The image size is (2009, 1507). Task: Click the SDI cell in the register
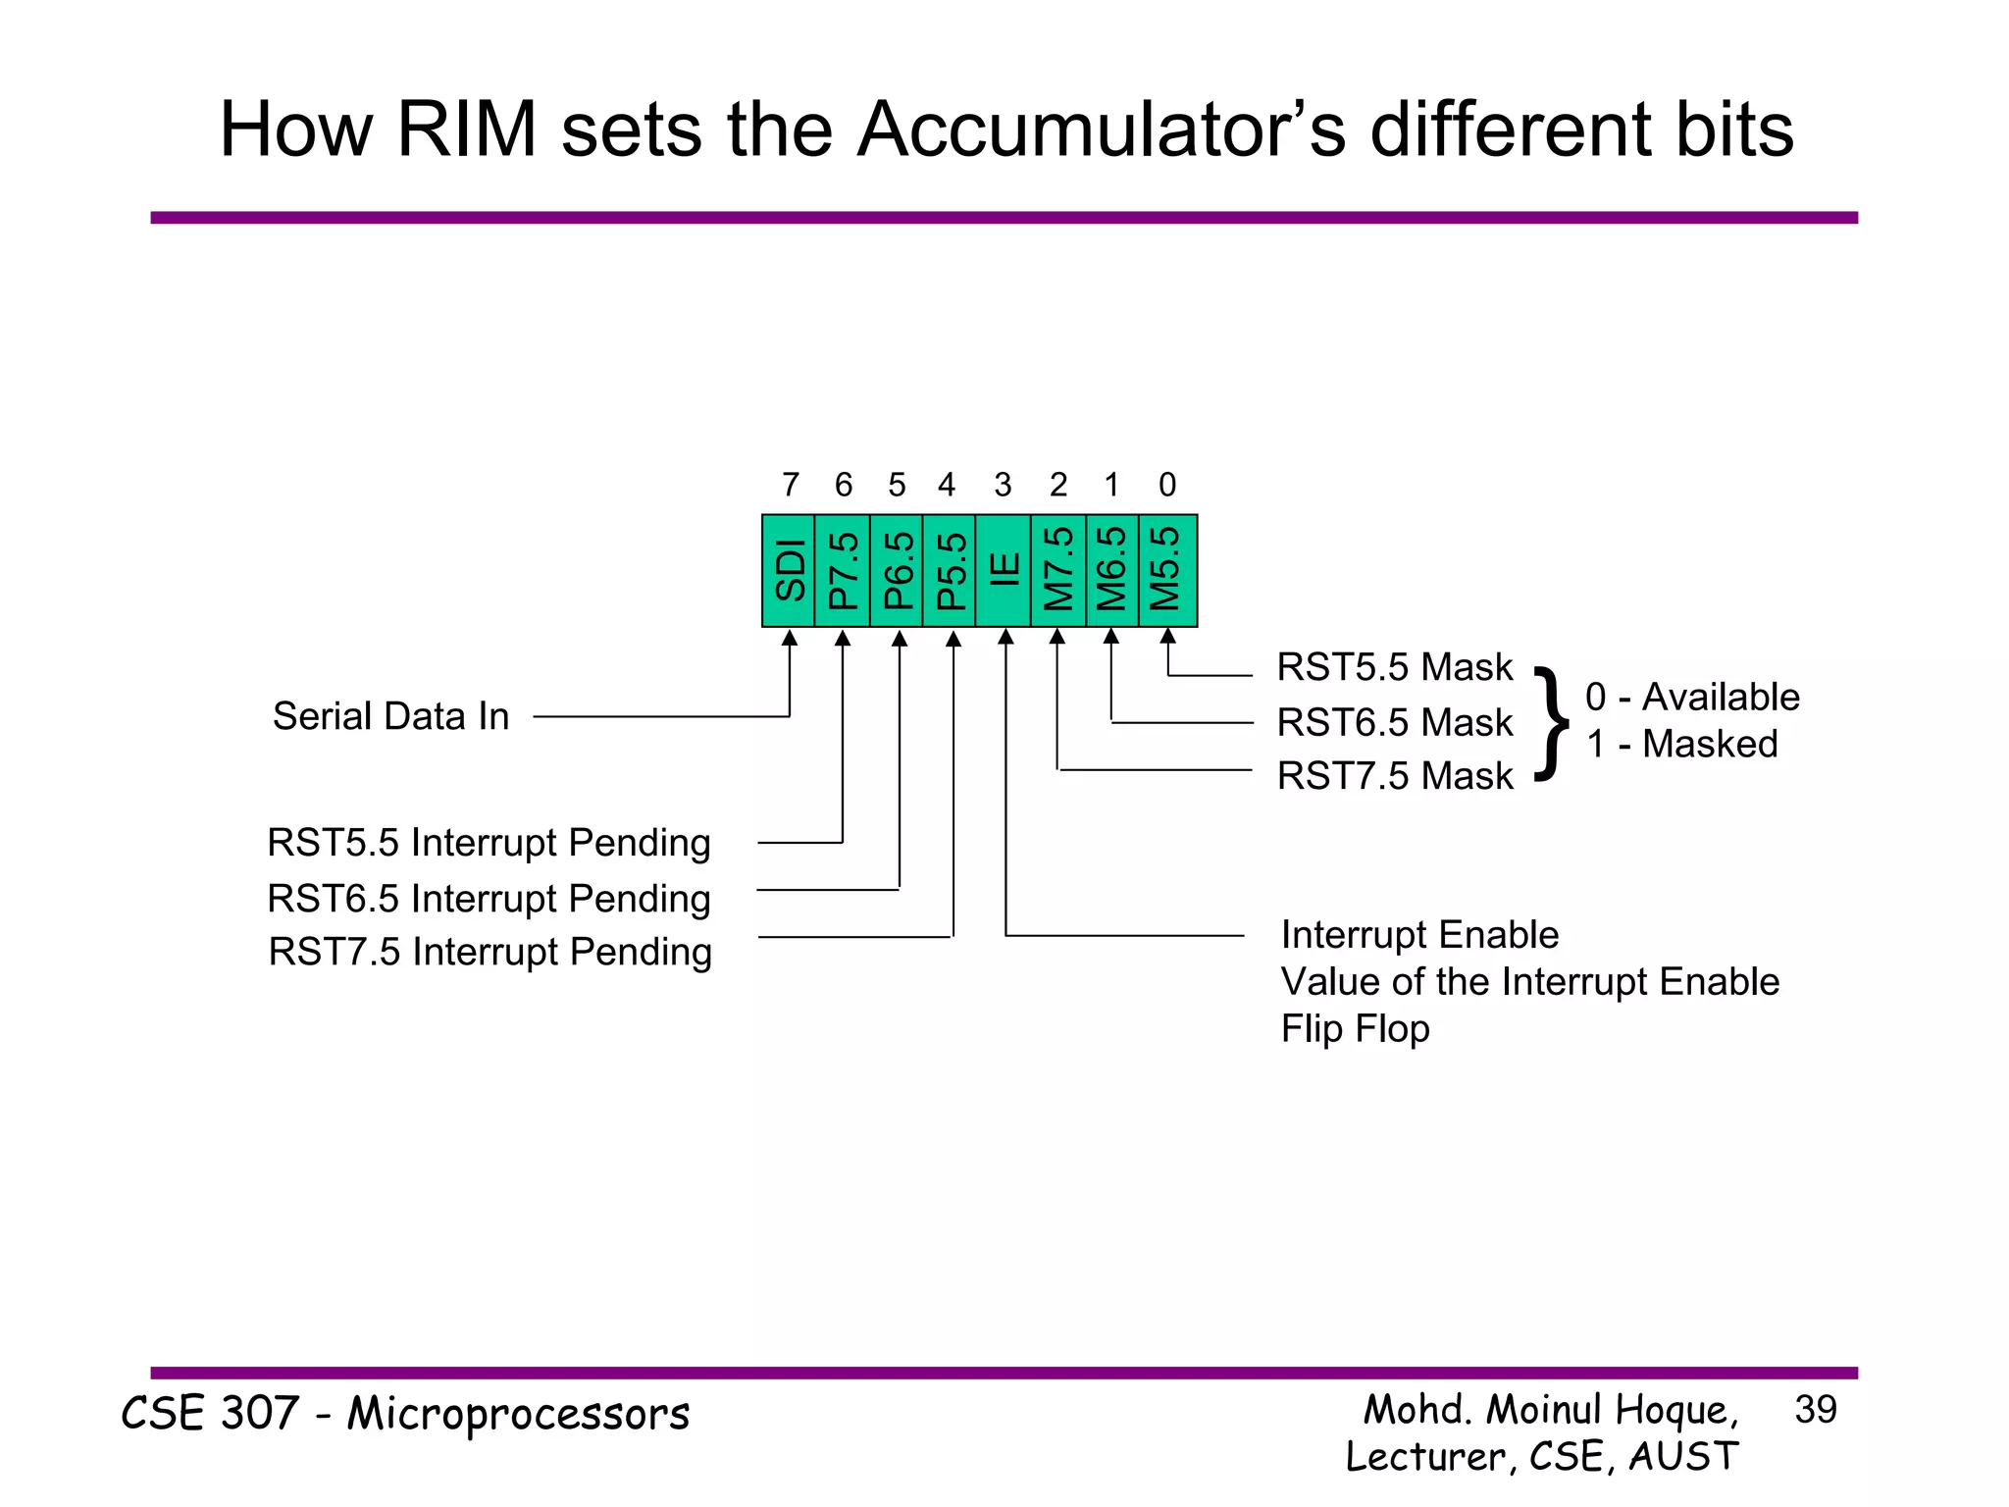point(789,570)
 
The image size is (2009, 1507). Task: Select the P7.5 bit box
point(843,570)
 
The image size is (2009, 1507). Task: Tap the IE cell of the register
point(1003,570)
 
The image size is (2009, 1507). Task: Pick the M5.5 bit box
point(1167,570)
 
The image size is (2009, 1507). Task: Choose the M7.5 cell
point(1057,570)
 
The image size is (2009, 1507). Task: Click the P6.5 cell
point(897,570)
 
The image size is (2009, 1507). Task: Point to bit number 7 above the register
point(790,485)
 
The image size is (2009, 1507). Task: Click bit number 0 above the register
point(1167,485)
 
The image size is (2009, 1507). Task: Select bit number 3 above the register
point(1003,485)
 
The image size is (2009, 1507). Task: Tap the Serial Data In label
point(390,716)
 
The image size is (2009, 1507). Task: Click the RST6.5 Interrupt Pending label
point(489,899)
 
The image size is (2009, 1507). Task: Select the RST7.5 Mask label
point(1395,776)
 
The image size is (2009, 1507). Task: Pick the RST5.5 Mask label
point(1395,668)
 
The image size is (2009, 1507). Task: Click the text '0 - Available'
point(1692,697)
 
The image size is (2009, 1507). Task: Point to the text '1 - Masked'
point(1681,744)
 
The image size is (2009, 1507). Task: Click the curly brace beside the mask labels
point(1551,722)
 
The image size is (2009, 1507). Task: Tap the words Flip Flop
point(1355,1029)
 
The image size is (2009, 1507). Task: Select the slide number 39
point(1815,1410)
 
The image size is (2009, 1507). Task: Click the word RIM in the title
point(467,130)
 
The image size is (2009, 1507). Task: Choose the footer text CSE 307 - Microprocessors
point(405,1415)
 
